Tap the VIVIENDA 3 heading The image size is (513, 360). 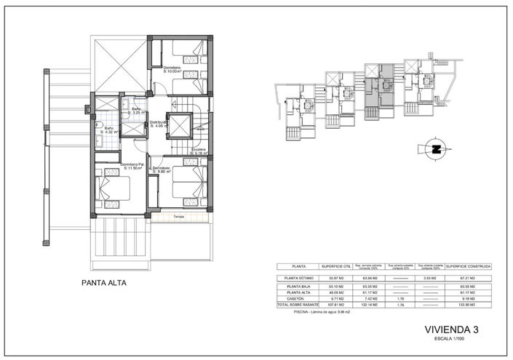450,330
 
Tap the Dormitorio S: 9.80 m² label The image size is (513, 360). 162,170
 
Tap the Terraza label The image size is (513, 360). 178,217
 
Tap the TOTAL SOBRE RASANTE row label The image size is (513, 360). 298,303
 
